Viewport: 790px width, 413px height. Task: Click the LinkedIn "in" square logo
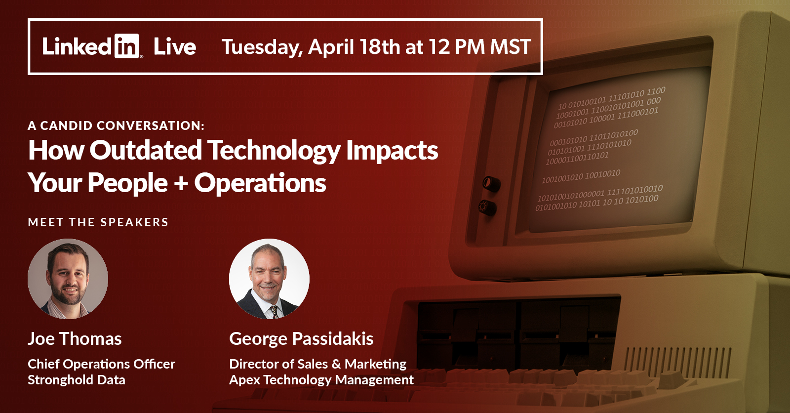[126, 46]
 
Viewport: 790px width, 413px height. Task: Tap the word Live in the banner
[175, 47]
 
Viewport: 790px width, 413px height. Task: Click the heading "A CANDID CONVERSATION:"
[116, 125]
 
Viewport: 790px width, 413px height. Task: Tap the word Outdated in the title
[145, 150]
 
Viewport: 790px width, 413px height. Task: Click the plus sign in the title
[181, 184]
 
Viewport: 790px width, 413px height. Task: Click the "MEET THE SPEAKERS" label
[98, 222]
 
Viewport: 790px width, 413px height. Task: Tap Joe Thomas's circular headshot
[68, 279]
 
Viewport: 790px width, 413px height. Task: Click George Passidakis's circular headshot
[269, 279]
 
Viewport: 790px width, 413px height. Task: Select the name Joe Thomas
[75, 338]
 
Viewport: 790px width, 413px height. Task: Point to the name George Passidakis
[301, 338]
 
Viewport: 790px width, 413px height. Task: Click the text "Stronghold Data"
[77, 380]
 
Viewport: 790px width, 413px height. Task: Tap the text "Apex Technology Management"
[321, 380]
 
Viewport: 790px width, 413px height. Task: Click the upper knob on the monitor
[491, 184]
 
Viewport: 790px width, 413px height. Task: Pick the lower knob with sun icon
[487, 207]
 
